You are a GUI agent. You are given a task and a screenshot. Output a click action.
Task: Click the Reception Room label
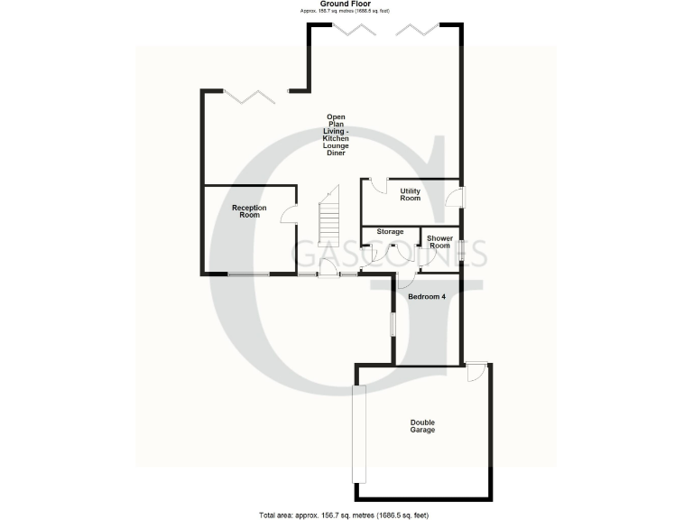coord(249,211)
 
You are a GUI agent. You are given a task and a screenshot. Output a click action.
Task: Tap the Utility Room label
coord(411,194)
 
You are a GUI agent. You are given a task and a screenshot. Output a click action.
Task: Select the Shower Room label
coord(439,242)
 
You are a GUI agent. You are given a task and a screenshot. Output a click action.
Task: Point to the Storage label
coord(390,232)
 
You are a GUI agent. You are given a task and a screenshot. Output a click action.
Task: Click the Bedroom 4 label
coord(427,296)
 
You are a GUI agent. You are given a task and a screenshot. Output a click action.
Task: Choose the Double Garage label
coord(422,426)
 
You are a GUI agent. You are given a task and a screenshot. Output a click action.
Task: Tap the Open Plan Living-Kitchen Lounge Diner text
coord(337,135)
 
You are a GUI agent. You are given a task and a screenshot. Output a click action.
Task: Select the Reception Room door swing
coord(289,215)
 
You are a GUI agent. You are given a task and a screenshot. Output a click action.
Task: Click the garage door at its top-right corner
coord(476,373)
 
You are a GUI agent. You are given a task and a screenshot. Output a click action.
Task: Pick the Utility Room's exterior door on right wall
coord(460,198)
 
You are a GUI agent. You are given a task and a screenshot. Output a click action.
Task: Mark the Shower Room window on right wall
coord(460,251)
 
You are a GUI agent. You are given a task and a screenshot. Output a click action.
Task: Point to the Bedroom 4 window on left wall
coord(392,323)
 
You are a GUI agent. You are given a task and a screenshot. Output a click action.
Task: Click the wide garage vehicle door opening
coord(358,434)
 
